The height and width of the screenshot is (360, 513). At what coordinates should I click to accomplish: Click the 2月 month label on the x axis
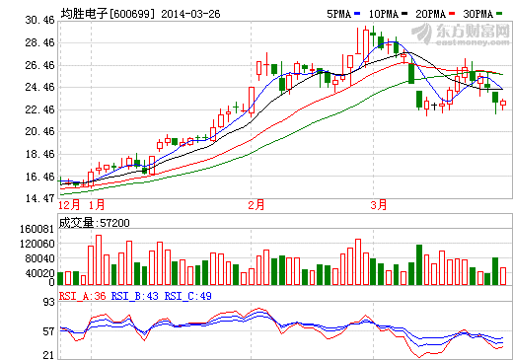click(x=256, y=204)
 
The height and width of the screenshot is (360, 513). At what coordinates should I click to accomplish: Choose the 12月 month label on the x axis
click(x=69, y=204)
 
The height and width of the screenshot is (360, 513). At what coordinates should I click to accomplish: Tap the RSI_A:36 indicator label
click(x=82, y=295)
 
